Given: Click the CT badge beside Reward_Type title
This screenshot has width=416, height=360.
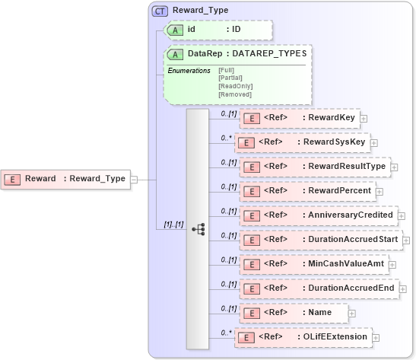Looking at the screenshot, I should [x=160, y=11].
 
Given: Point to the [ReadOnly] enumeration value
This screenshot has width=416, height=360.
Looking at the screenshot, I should [x=235, y=86].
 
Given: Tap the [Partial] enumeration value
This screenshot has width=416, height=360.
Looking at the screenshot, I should [x=231, y=78].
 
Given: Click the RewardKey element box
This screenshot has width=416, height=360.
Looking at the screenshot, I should [x=299, y=118].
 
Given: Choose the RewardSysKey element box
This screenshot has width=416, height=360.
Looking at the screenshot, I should [x=301, y=142].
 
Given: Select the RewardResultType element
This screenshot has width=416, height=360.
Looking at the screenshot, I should [x=313, y=167].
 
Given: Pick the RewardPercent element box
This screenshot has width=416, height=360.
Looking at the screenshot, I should [x=306, y=191].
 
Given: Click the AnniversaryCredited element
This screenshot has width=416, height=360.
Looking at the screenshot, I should [x=317, y=215].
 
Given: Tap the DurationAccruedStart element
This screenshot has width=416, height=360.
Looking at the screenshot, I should [x=322, y=240].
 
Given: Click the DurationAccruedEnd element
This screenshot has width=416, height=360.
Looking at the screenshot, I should [x=318, y=288].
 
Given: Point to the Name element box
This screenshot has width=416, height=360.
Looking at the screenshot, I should [x=293, y=312].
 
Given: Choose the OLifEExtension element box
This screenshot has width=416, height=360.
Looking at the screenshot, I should [x=301, y=336].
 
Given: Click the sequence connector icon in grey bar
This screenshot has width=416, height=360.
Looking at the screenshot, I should [x=198, y=228].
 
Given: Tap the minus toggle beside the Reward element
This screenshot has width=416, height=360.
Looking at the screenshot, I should [x=134, y=179].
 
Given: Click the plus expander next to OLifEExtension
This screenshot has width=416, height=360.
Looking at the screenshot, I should [x=376, y=336].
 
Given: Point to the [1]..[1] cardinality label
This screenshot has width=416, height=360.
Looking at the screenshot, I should [x=174, y=225].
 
